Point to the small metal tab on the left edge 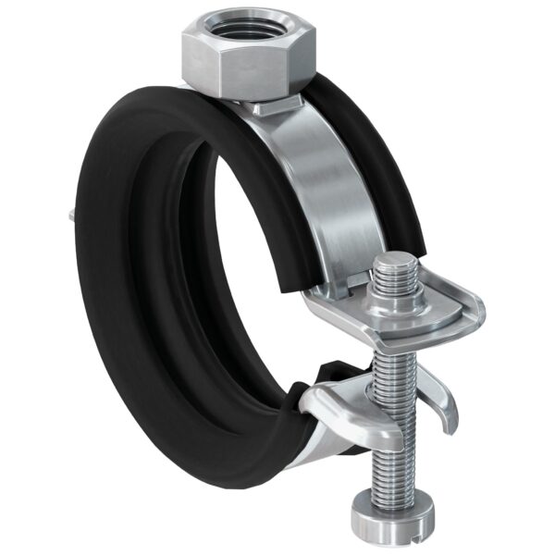(70, 216)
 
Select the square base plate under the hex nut (277, 105)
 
